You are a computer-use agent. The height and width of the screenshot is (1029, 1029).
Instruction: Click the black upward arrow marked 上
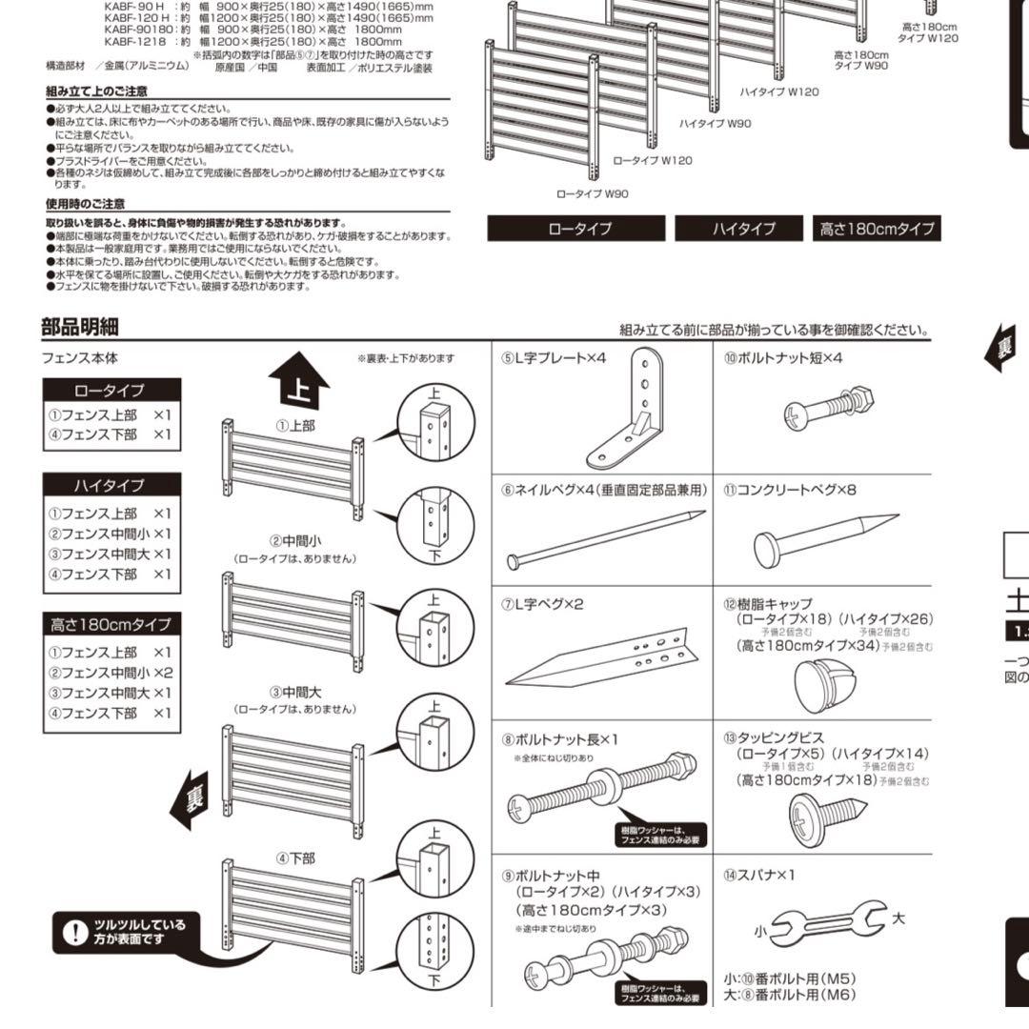[297, 382]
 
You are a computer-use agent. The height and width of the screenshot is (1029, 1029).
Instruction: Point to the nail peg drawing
[607, 539]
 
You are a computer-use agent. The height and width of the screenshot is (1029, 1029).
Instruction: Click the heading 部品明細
[80, 327]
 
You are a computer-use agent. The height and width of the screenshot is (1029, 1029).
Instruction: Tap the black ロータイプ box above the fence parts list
[111, 391]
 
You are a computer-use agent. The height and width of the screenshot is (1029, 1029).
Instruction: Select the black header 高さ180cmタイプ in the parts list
[111, 625]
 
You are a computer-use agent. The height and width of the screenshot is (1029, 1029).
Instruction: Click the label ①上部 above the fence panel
[294, 426]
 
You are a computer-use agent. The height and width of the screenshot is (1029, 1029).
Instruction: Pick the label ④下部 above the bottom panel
[294, 857]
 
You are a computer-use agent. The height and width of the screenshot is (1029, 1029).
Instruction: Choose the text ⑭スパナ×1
[759, 875]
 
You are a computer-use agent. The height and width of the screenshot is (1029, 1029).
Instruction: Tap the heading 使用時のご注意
[86, 204]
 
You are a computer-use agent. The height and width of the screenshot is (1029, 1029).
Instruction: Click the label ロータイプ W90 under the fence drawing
[593, 193]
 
